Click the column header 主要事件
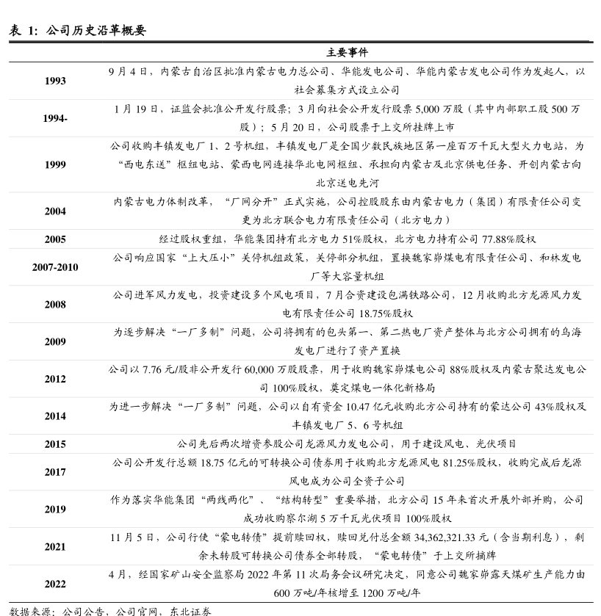tap(347, 53)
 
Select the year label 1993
tap(54, 81)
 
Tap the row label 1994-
tap(54, 118)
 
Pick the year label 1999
tap(54, 164)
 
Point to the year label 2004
tap(54, 211)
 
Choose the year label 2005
tap(54, 239)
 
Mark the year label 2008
tap(54, 304)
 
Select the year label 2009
tap(54, 341)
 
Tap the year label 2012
tap(54, 379)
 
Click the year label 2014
tap(54, 416)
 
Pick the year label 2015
tap(54, 444)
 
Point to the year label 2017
tap(54, 472)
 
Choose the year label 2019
tap(54, 509)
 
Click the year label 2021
tap(54, 547)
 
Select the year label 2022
tap(54, 584)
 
